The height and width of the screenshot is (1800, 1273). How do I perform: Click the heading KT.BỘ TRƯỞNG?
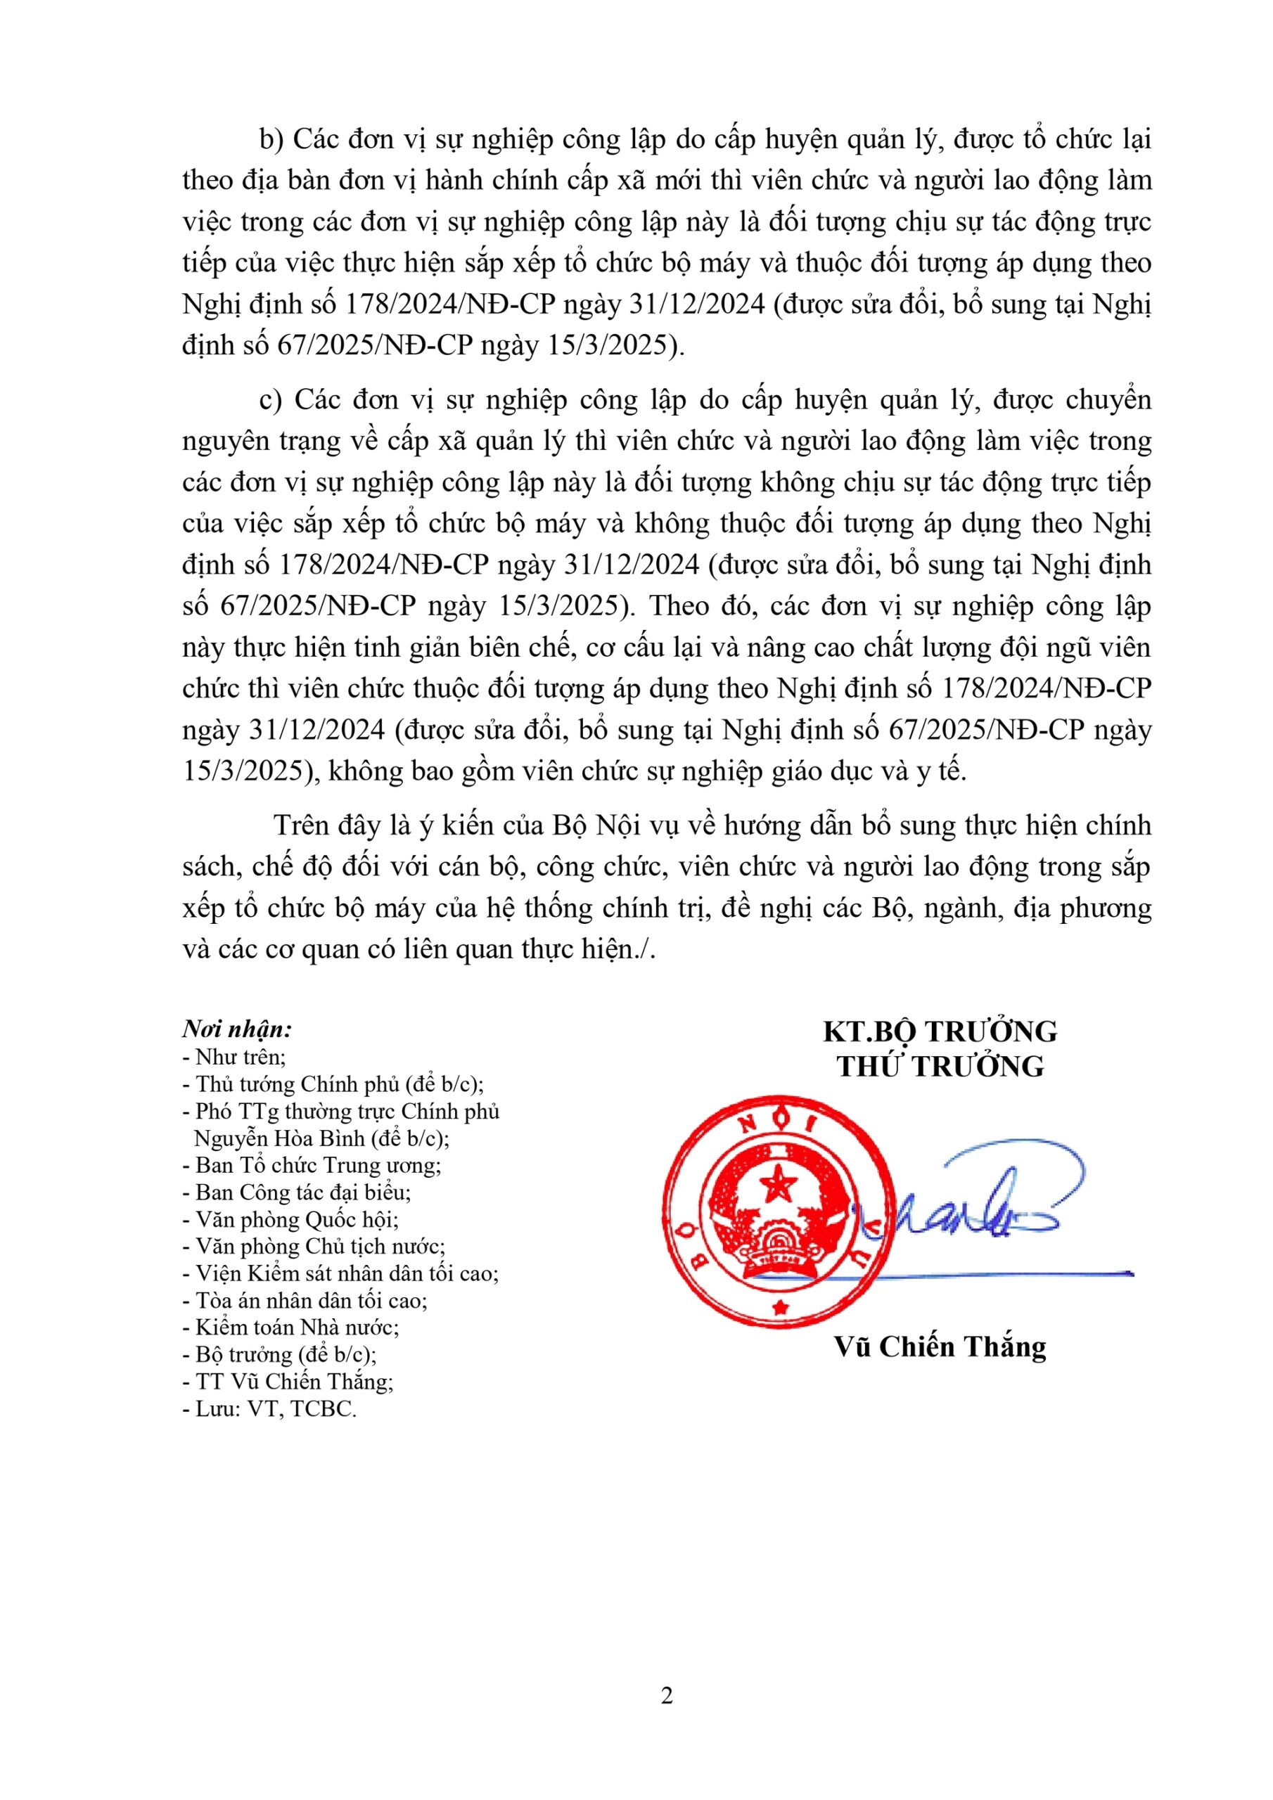[940, 1031]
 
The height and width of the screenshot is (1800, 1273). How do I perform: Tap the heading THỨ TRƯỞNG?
[940, 1067]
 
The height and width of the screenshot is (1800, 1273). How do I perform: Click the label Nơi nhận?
[238, 1029]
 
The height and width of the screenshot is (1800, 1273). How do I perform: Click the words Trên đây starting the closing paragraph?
[319, 825]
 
